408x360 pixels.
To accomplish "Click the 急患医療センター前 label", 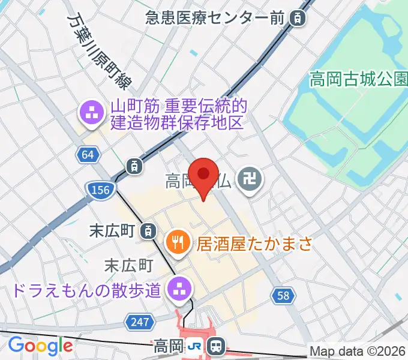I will coord(215,18).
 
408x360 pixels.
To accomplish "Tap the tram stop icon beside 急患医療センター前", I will coord(297,18).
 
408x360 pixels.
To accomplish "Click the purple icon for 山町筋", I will coord(92,113).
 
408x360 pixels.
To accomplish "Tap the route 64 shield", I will coord(88,155).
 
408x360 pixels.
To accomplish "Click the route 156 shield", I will coord(100,190).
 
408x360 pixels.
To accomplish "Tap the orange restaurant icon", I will coord(177,242).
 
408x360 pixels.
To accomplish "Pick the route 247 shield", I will coord(139,322).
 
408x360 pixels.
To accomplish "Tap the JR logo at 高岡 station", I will coord(195,346).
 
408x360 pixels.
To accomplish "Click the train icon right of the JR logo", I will coord(217,346).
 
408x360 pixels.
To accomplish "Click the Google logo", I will coord(40,345).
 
